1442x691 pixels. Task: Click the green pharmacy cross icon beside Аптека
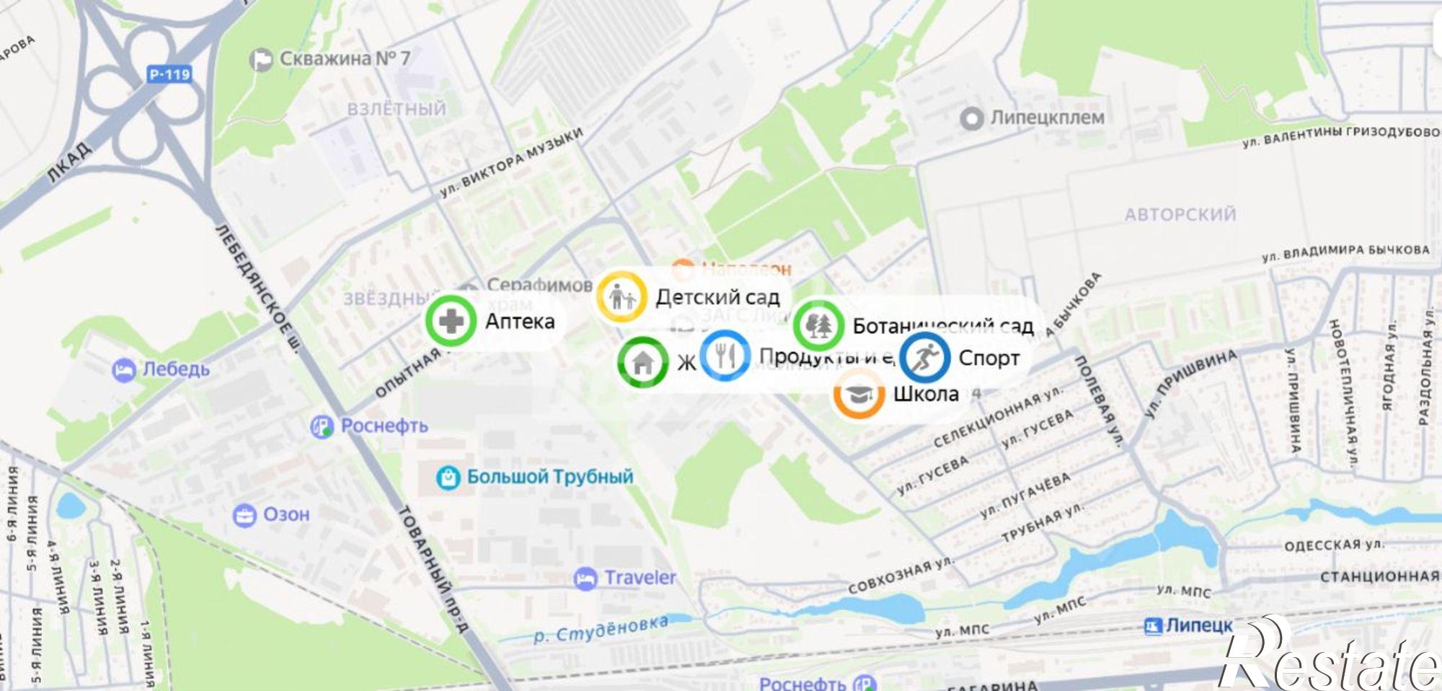[451, 321]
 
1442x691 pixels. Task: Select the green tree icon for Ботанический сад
[818, 325]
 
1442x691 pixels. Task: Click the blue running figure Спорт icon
[925, 357]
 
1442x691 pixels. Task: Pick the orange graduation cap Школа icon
[858, 395]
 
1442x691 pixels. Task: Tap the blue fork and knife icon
[725, 355]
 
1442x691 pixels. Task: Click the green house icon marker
[642, 362]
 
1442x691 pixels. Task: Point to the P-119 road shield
[169, 74]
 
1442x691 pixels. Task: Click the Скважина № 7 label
[344, 58]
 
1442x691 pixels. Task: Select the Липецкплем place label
[1046, 117]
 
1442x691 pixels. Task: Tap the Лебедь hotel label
[175, 369]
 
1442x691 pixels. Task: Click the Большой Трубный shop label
[549, 477]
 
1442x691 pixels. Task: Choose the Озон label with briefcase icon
[286, 514]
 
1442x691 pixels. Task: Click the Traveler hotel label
[640, 578]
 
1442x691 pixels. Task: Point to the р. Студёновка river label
[601, 629]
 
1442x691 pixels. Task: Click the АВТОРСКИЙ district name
[1180, 214]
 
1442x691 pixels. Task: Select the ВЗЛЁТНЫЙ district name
[397, 109]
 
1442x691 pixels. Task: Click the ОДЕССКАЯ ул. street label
[1334, 545]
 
